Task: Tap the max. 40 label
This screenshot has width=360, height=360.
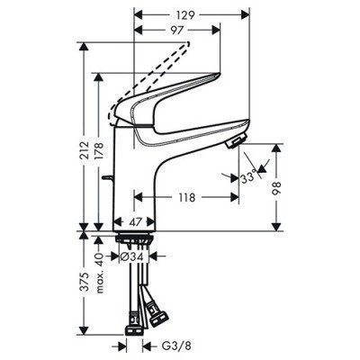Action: pyautogui.click(x=99, y=268)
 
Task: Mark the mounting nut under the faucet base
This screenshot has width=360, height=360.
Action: pyautogui.click(x=135, y=241)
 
